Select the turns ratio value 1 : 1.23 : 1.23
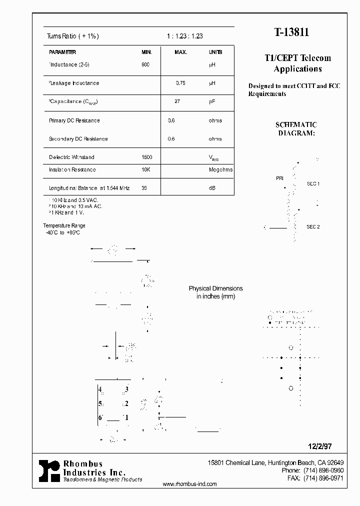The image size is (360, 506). [x=184, y=36]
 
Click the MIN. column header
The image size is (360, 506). [x=146, y=52]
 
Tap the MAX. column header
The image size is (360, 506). [x=180, y=52]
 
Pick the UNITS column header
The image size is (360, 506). [x=215, y=52]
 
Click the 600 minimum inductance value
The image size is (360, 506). [x=145, y=64]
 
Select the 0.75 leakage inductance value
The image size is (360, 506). [x=180, y=83]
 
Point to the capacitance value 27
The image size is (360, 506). [x=177, y=101]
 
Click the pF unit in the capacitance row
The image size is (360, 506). [x=212, y=101]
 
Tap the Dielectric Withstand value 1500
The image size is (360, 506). [x=147, y=157]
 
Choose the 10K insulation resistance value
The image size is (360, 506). [x=145, y=169]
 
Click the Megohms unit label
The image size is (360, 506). [x=220, y=169]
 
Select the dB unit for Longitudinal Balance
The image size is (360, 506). [x=212, y=188]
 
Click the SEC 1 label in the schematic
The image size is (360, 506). [x=313, y=184]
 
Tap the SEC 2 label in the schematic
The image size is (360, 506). [x=313, y=227]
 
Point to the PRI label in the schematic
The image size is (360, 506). [x=279, y=178]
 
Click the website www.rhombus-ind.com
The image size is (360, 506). [x=190, y=484]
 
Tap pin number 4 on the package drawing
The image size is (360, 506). [x=100, y=389]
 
